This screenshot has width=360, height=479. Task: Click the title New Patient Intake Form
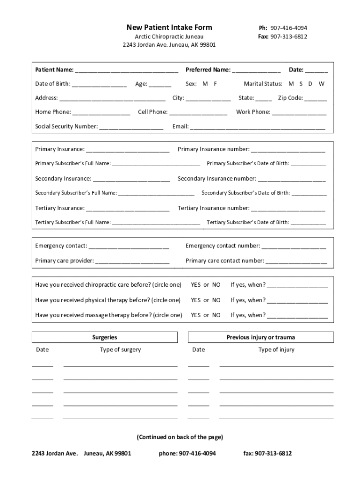pyautogui.click(x=169, y=28)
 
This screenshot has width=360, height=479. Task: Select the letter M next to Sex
pyautogui.click(x=205, y=84)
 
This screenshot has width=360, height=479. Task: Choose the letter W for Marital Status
pyautogui.click(x=321, y=84)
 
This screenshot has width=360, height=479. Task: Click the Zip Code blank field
pyautogui.click(x=316, y=99)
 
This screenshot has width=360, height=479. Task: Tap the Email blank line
pyautogui.click(x=257, y=128)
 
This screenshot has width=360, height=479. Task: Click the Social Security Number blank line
pyautogui.click(x=131, y=128)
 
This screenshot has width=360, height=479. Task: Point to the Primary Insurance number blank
pyautogui.click(x=288, y=151)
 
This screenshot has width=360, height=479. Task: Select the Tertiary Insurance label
pyautogui.click(x=60, y=208)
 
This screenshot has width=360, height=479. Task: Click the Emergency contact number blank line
pyautogui.click(x=294, y=247)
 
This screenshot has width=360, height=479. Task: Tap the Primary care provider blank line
pyautogui.click(x=132, y=262)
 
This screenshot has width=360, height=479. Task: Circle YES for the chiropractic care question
pyautogui.click(x=195, y=285)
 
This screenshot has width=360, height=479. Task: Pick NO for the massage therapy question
pyautogui.click(x=216, y=315)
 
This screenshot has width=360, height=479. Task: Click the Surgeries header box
pyautogui.click(x=105, y=337)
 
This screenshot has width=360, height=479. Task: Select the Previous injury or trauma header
pyautogui.click(x=260, y=337)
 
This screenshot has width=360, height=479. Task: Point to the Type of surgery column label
pyautogui.click(x=120, y=349)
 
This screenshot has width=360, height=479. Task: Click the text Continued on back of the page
pyautogui.click(x=180, y=437)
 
